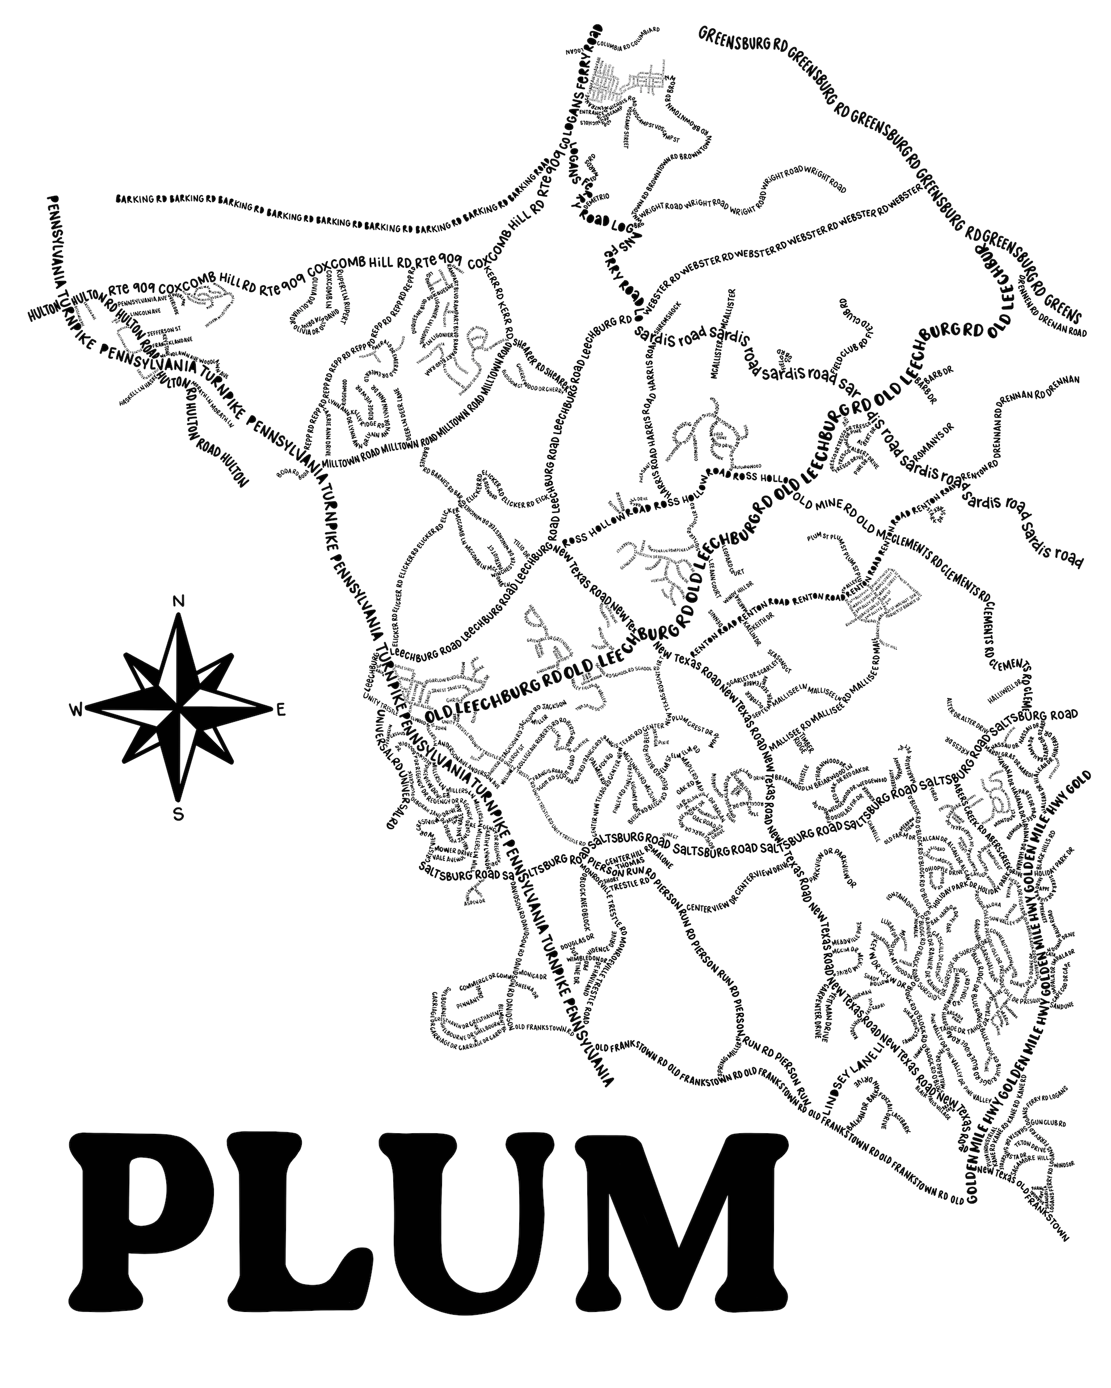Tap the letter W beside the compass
click(76, 709)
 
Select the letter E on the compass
click(281, 710)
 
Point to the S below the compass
click(179, 815)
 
